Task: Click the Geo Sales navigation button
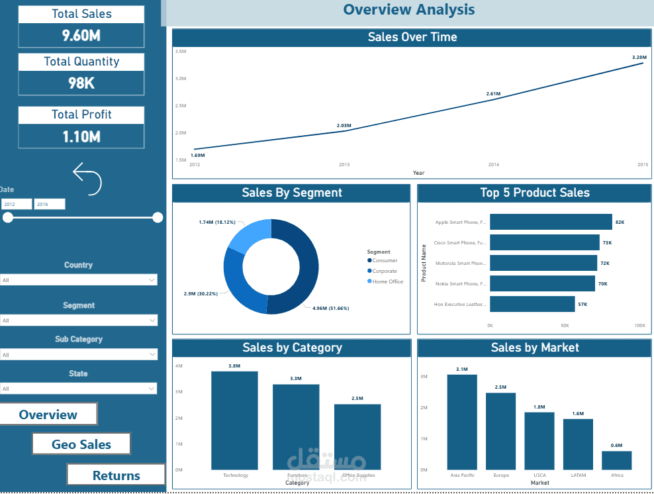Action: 81,444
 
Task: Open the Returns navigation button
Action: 116,475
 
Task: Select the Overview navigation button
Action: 48,415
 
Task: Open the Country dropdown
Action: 78,280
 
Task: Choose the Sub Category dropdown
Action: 78,355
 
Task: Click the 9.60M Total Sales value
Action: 81,36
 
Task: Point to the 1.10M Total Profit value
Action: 81,136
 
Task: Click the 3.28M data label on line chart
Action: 638,58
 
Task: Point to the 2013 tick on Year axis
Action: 344,164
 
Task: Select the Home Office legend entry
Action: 387,281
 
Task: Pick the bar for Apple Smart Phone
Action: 551,222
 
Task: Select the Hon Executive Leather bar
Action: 532,304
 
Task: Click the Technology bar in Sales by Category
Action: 235,420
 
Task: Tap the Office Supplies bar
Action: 357,437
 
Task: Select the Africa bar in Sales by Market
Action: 616,460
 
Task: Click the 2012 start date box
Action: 17,205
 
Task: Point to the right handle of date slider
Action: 158,217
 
